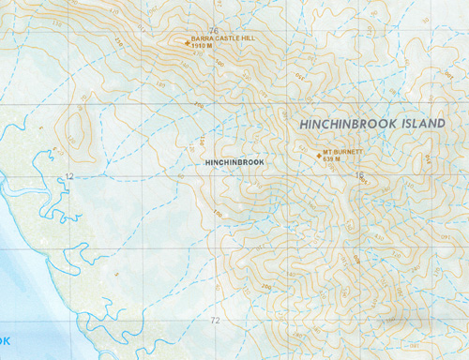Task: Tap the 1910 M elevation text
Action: [x=204, y=48]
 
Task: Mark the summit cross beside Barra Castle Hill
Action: [x=184, y=39]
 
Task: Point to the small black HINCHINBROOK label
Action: [x=234, y=162]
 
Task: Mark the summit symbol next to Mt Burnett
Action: [x=316, y=155]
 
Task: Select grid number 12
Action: [x=69, y=176]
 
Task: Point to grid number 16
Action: [x=359, y=175]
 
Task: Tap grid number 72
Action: [x=215, y=321]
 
